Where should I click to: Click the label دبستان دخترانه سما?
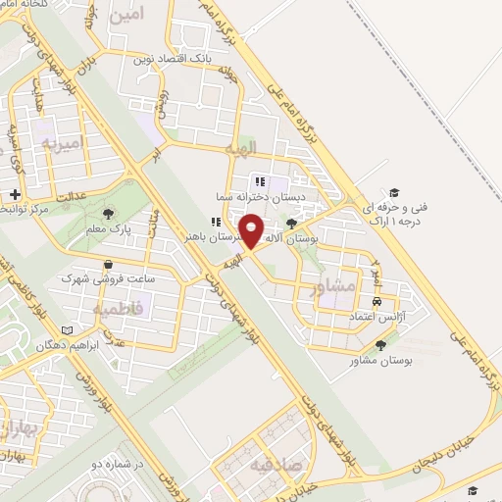tap(263, 196)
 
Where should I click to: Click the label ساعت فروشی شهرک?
tap(107, 278)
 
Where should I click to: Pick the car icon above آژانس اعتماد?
tap(377, 302)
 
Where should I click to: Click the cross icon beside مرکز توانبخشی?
tap(15, 194)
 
